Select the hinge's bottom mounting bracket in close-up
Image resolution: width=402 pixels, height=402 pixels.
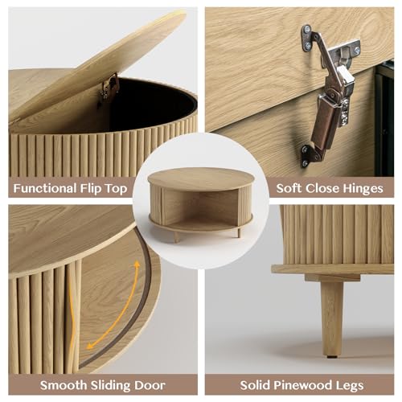pyautogui.click(x=309, y=153)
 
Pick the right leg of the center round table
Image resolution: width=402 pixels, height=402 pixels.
pyautogui.click(x=237, y=232)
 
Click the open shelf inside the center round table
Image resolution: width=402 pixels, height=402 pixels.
pyautogui.click(x=201, y=213)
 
